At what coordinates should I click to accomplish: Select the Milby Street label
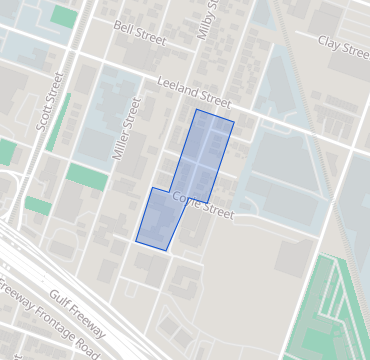[x=208, y=20]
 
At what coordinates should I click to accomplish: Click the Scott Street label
[x=49, y=101]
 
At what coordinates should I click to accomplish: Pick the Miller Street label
[x=123, y=129]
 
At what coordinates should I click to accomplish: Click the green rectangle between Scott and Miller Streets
[x=87, y=175]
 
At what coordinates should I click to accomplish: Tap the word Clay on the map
[x=330, y=41]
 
